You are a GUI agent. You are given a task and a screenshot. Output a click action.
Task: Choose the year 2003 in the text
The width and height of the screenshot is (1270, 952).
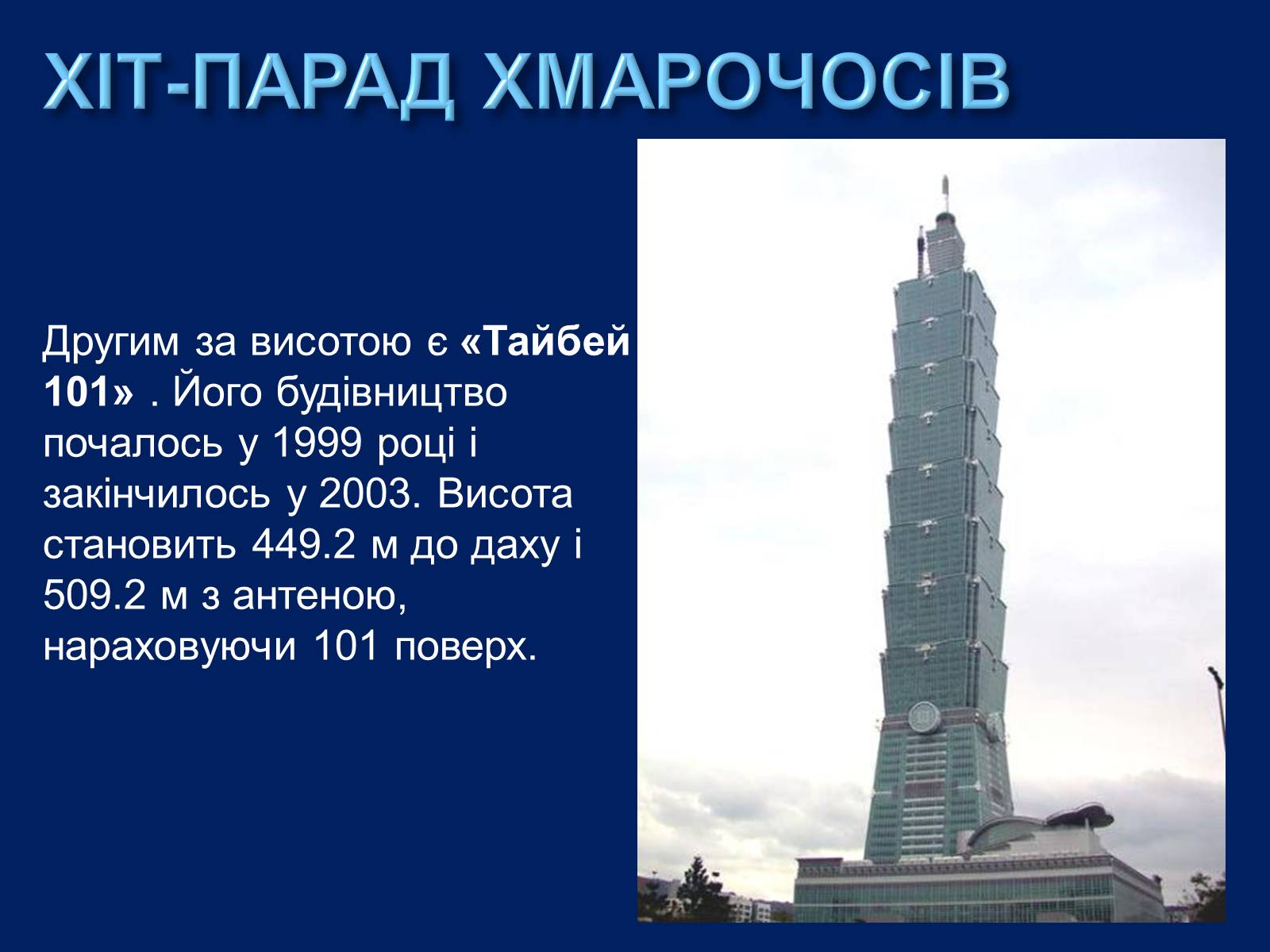tap(364, 495)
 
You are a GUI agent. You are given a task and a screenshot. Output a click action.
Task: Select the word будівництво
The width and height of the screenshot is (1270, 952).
tap(391, 393)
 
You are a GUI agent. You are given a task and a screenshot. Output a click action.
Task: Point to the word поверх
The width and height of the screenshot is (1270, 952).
tap(466, 647)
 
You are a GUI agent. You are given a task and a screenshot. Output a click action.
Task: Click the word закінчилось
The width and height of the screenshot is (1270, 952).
tap(157, 495)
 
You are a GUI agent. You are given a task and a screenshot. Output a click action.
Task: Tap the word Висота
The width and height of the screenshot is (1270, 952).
tap(505, 495)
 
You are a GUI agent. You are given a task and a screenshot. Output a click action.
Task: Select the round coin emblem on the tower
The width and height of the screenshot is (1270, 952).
tap(924, 718)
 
